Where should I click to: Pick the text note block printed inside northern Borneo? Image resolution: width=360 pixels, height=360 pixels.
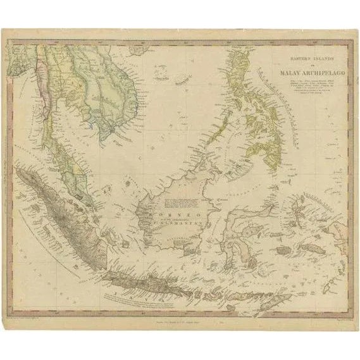[180, 202]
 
